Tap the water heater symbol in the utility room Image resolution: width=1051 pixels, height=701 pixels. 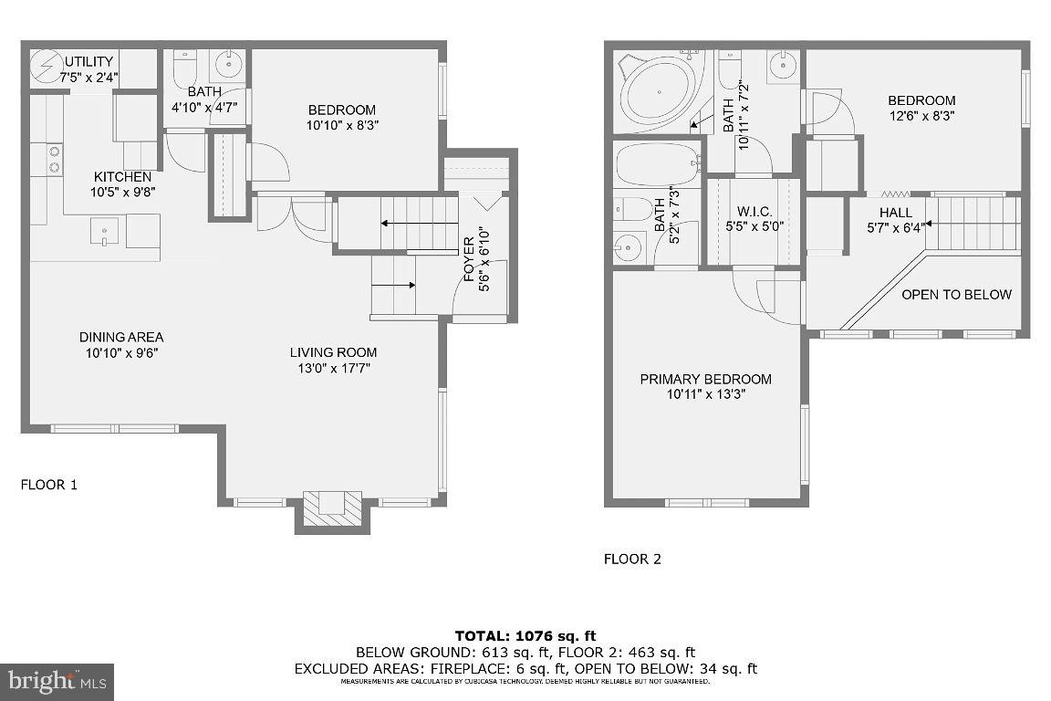45,66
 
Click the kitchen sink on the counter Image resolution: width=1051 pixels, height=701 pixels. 105,231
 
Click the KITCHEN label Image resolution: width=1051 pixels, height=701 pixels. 122,176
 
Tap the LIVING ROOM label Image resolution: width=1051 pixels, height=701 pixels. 333,352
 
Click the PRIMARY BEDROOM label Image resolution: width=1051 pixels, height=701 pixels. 705,379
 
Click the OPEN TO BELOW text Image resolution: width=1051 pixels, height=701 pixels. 956,294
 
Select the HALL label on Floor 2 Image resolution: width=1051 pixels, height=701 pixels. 895,213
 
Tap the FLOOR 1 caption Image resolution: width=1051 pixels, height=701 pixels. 49,485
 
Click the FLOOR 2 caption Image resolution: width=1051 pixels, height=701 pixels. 632,559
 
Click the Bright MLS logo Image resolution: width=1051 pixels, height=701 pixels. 57,681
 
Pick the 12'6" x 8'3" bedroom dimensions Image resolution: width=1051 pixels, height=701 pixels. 921,116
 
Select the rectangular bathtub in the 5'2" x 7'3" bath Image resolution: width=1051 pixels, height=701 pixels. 656,165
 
